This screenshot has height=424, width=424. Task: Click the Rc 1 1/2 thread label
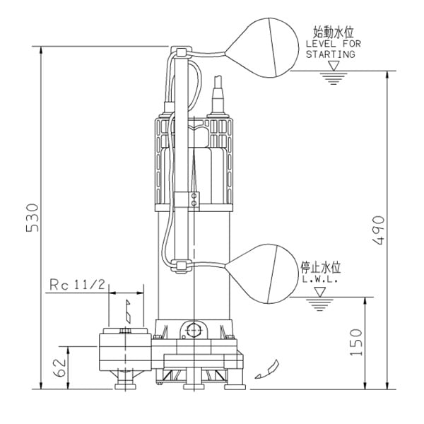[x=78, y=285]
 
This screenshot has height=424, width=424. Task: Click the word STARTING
[x=329, y=54]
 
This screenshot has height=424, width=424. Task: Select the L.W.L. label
[x=320, y=280]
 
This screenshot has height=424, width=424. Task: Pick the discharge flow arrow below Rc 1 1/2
[x=127, y=309]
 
